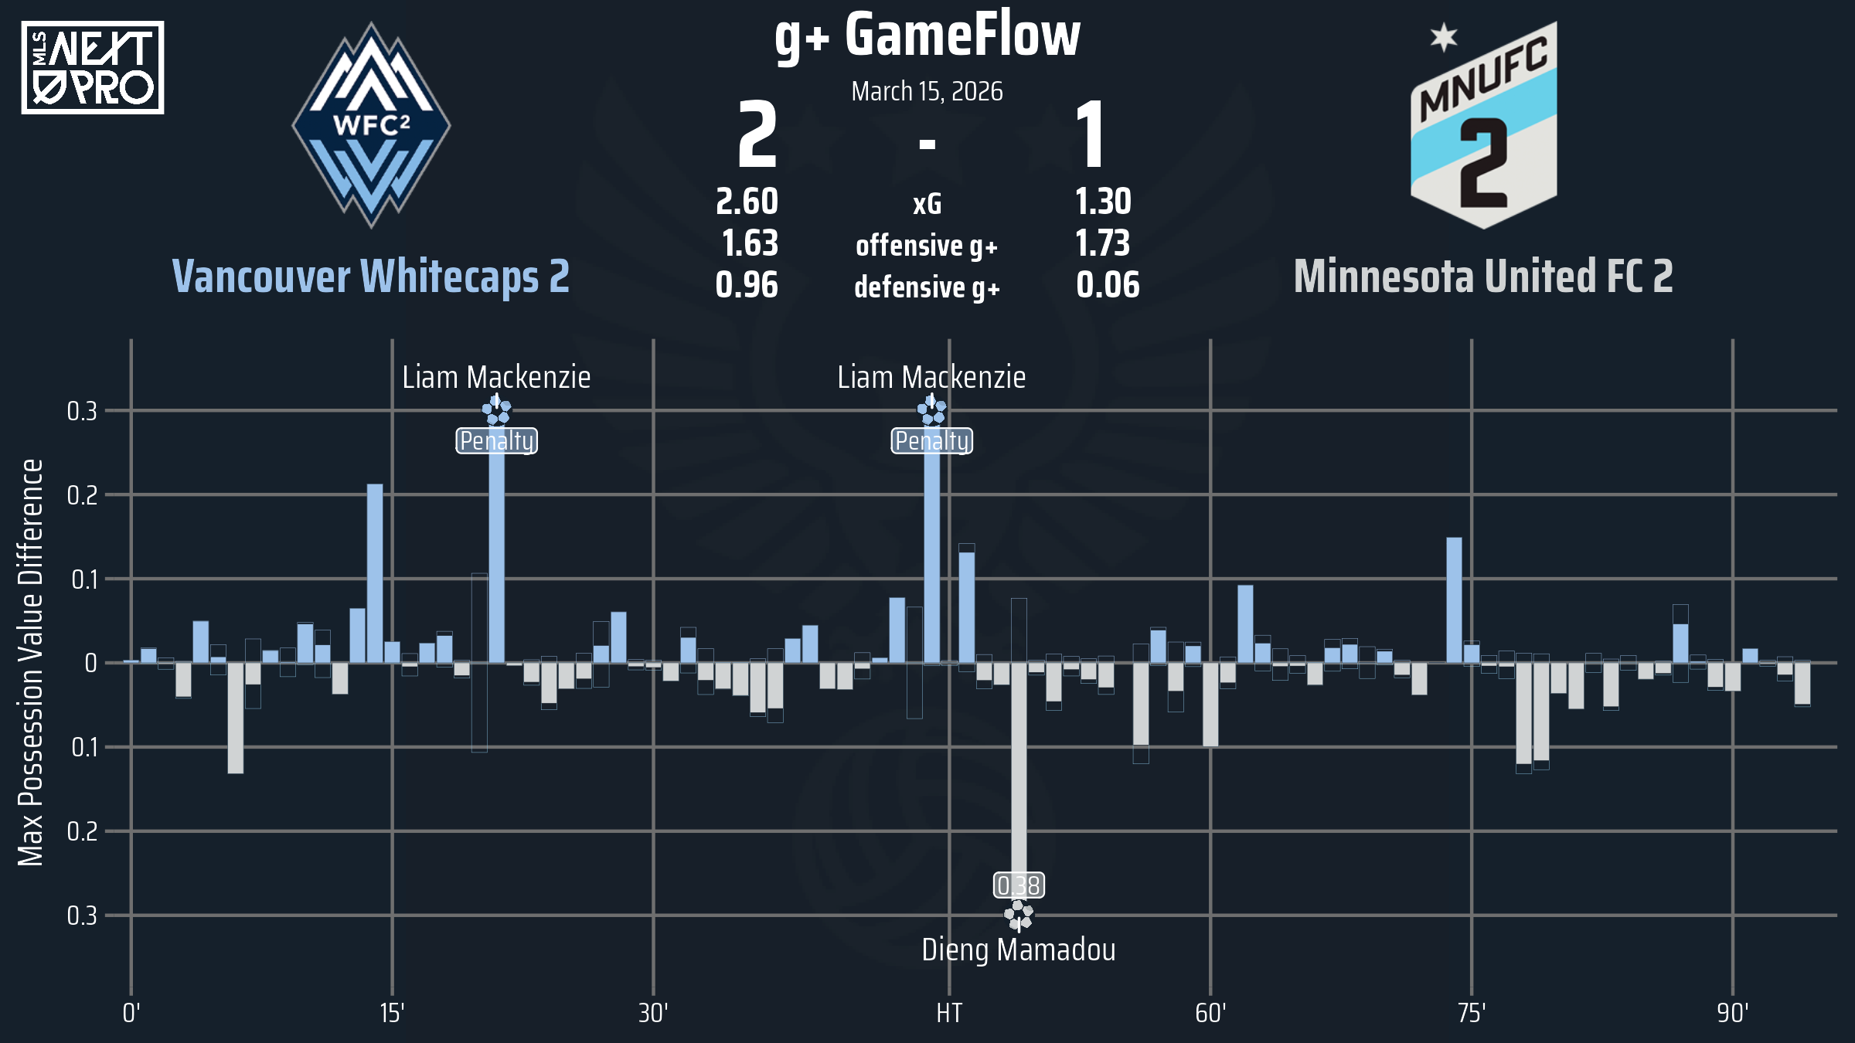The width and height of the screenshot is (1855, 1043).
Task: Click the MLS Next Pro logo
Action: tap(93, 68)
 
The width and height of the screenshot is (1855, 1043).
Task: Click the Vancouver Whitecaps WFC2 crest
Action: tap(371, 125)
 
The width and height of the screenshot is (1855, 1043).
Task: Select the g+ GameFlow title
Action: tap(927, 36)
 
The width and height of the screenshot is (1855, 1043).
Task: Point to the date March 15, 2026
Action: tap(927, 92)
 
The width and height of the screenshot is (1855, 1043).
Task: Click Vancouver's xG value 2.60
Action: tap(747, 202)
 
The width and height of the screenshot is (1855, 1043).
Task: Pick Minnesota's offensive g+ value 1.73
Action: tap(1103, 243)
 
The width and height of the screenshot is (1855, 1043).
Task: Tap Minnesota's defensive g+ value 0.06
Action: tap(1108, 285)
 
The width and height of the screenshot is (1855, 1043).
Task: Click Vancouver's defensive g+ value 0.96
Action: tap(747, 285)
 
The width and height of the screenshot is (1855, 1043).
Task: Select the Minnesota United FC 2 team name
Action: tap(1483, 277)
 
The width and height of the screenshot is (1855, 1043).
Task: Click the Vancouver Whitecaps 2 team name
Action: tap(371, 277)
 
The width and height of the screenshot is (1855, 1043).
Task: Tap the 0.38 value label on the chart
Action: tap(1019, 885)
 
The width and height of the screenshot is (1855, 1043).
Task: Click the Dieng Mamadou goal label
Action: tap(1019, 950)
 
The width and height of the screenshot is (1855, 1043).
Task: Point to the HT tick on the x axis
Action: tap(949, 1013)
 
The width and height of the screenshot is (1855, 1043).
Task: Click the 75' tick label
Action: tap(1472, 1013)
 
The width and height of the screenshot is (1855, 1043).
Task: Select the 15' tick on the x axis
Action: tap(392, 1013)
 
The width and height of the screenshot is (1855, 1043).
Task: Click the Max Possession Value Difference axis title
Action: tap(31, 662)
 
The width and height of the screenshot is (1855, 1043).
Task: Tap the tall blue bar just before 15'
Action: tap(375, 573)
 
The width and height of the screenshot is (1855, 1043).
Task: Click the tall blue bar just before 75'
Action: tap(1454, 600)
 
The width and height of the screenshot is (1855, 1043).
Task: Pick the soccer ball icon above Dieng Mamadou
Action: tap(1019, 916)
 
